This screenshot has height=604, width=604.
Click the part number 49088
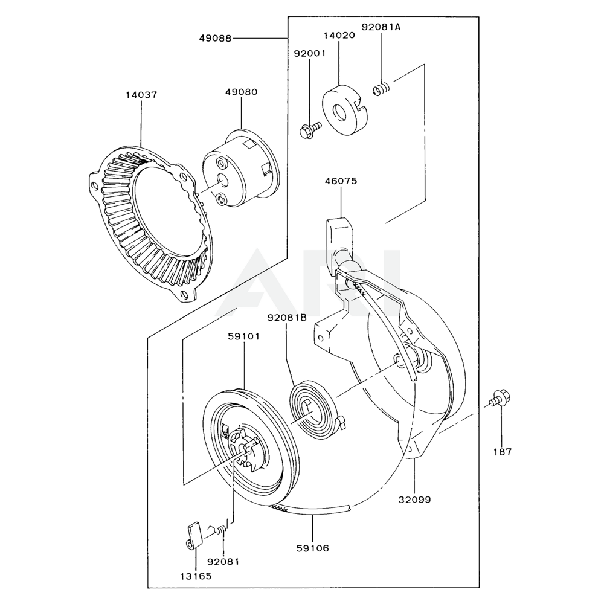215,38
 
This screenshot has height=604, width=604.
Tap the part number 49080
241,92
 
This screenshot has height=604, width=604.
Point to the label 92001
310,53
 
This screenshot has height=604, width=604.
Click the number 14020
339,35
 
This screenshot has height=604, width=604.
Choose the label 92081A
381,27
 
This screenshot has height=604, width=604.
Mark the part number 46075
341,180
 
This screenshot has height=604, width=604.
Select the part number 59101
244,336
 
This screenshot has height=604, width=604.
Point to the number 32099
415,500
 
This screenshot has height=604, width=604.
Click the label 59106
313,548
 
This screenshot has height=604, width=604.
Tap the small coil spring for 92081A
381,89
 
